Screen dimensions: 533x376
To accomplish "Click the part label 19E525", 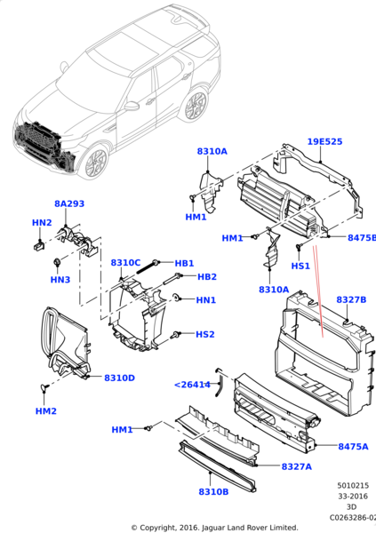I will point(325,142).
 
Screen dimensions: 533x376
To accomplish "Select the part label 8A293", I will point(69,203).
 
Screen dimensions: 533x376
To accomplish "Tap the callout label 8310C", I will point(125,263).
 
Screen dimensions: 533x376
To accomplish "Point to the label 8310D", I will point(119,378).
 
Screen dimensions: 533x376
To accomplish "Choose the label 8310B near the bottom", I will point(213,491).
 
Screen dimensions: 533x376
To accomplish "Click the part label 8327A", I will point(296,466).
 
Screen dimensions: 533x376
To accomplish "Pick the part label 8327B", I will point(351,300).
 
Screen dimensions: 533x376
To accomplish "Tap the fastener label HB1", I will point(184,263).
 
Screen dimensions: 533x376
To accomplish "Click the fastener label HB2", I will point(207,277).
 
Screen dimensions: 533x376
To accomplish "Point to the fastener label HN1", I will point(205,300).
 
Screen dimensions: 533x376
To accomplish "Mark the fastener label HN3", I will point(60,281).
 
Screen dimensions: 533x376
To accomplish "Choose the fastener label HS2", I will point(204,334).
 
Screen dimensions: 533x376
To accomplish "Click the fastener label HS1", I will point(300,266).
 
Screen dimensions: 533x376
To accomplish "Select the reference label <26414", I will point(192,385).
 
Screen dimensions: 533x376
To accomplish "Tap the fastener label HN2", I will point(42,222).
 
